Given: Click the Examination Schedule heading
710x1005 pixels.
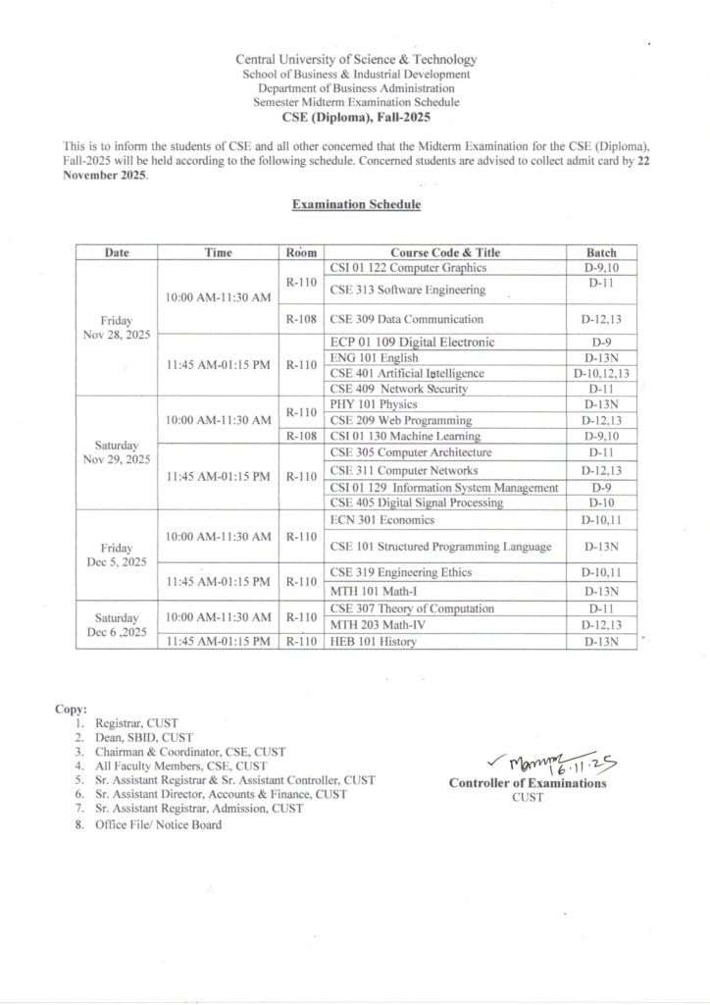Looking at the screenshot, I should tap(356, 205).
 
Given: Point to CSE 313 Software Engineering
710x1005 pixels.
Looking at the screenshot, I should tap(408, 290).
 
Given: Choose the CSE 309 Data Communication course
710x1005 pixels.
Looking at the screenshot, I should tap(407, 319).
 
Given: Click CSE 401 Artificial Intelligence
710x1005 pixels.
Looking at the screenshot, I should tap(407, 373).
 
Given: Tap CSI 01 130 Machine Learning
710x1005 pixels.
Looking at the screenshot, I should tap(406, 436).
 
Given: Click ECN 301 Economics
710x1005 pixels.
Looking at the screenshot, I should tap(382, 519).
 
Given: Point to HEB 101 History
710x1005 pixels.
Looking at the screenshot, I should tap(374, 642).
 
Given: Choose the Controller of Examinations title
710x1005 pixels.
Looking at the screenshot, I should tap(528, 783).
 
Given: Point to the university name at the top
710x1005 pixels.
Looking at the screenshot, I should tap(356, 60).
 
